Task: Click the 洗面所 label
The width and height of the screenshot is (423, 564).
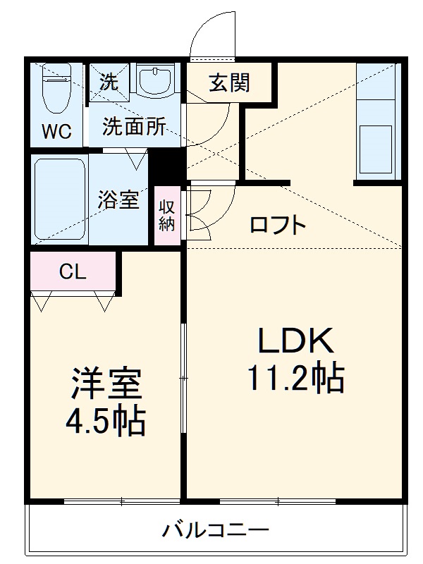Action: click(134, 127)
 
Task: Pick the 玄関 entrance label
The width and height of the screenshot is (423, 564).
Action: click(228, 83)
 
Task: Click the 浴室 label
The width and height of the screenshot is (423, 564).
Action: click(118, 200)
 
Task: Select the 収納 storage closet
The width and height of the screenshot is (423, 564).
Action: click(166, 215)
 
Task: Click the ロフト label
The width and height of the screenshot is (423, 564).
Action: click(278, 226)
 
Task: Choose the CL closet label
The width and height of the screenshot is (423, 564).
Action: click(72, 271)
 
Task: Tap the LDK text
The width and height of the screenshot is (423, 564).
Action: click(294, 342)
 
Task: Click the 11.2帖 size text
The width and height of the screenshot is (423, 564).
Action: click(295, 379)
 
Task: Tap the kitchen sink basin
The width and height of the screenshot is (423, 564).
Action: click(376, 145)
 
